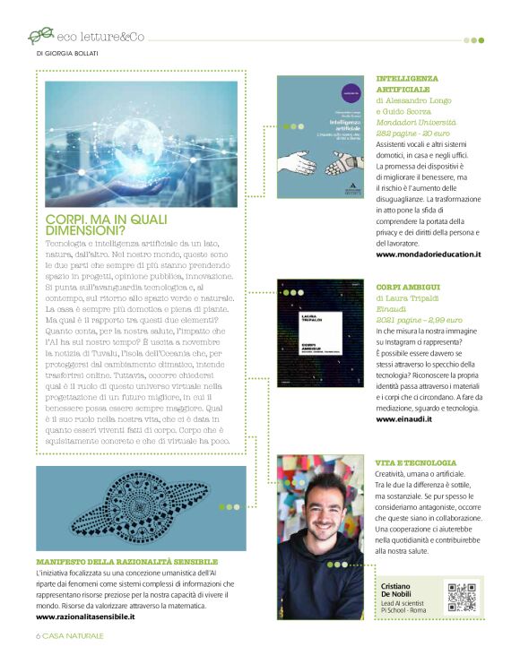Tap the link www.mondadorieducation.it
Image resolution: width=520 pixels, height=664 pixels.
tap(429, 254)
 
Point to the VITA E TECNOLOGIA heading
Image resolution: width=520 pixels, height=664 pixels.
tap(416, 462)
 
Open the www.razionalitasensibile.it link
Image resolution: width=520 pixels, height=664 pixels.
tap(85, 617)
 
